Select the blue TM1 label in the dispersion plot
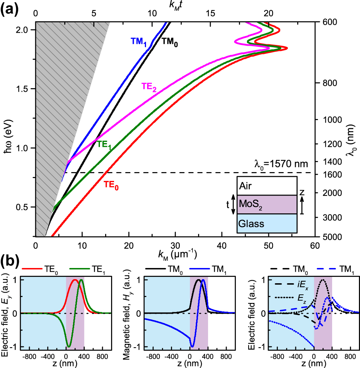pos(138,41)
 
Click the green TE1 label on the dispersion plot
pos(104,145)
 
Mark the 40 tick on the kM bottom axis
pos(222,245)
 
